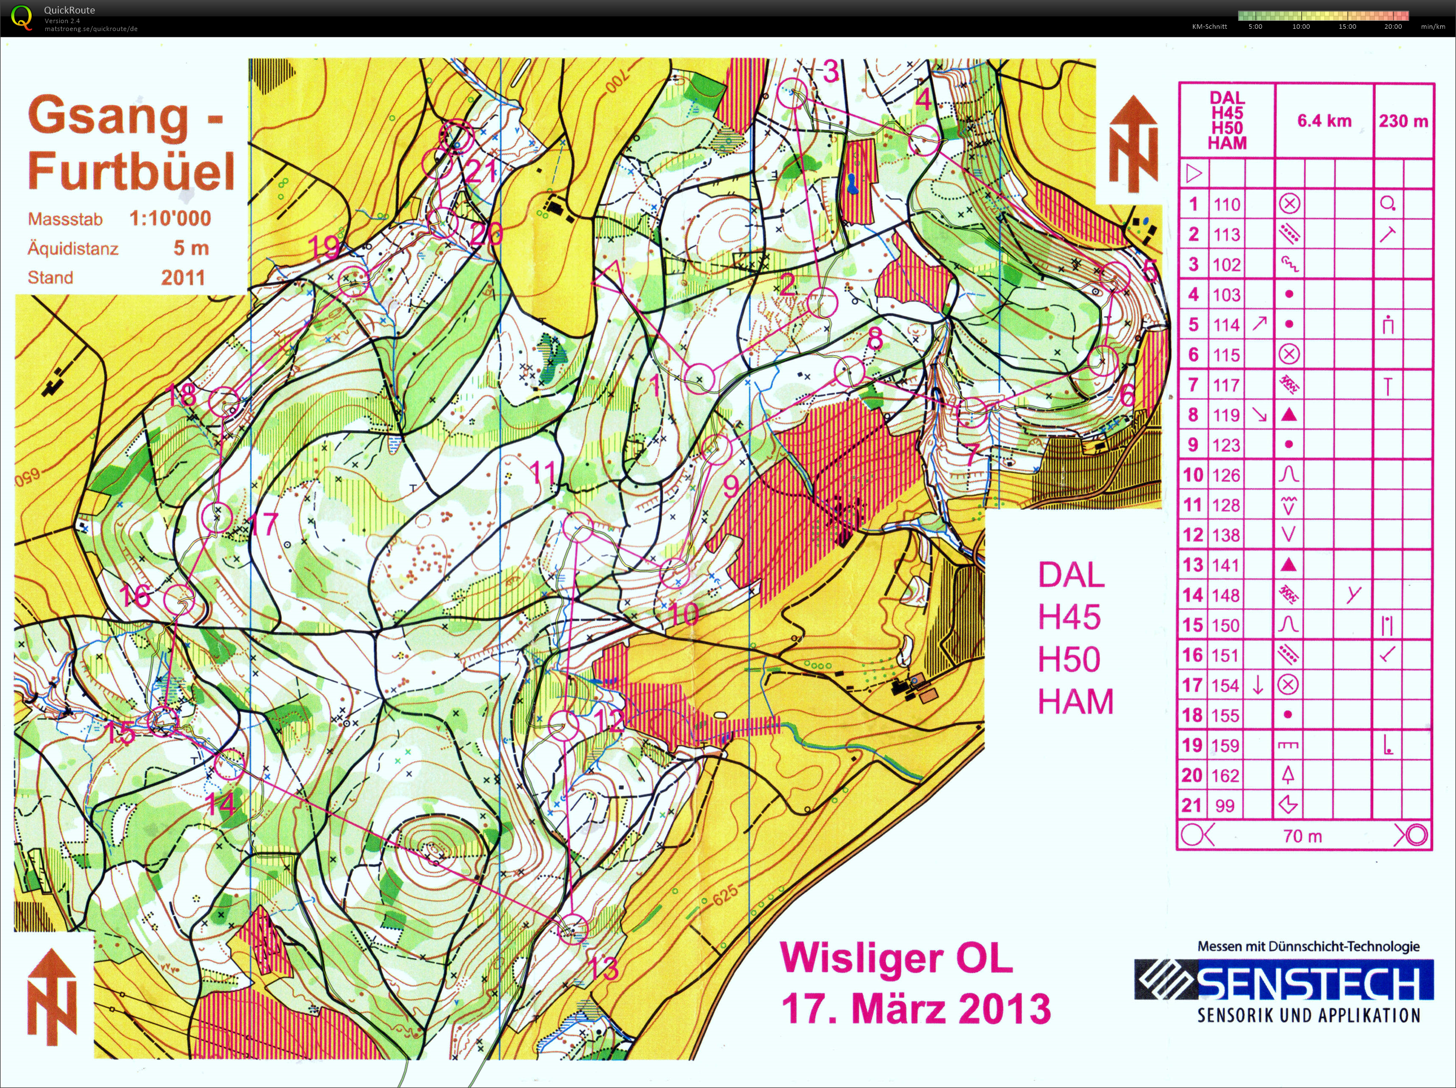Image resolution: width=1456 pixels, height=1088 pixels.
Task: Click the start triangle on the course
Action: click(610, 277)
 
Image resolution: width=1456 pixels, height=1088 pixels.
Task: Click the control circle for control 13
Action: click(572, 929)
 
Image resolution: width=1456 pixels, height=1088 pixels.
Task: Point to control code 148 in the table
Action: click(1226, 595)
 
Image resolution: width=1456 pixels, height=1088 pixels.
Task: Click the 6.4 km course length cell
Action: click(1324, 121)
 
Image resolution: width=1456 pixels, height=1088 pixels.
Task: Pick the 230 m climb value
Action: click(1403, 121)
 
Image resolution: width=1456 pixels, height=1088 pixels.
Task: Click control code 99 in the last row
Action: click(1225, 806)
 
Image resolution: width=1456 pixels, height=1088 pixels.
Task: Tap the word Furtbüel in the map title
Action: click(131, 171)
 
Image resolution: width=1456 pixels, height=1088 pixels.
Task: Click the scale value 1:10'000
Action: click(170, 219)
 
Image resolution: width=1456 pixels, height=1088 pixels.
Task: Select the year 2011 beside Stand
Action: click(183, 277)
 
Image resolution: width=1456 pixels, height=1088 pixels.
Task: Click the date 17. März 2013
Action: click(916, 1009)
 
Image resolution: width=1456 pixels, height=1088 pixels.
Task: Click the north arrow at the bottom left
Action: click(52, 997)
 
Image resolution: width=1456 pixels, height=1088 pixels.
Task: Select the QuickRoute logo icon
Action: click(21, 18)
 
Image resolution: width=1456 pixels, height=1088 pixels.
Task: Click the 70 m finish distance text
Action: click(1302, 836)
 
